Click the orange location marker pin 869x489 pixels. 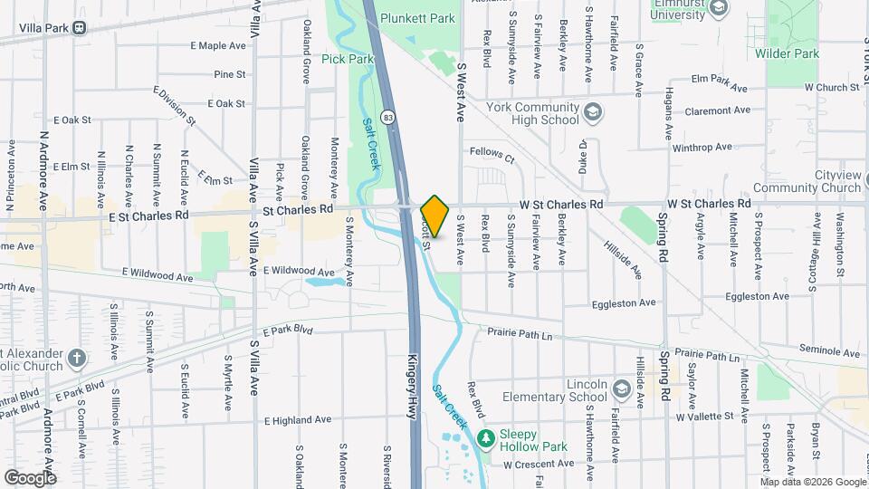point(434,216)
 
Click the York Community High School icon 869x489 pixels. point(593,113)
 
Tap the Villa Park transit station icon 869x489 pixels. point(81,27)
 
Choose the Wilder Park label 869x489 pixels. point(787,53)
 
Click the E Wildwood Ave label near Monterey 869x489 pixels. point(299,271)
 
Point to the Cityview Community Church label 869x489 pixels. point(813,181)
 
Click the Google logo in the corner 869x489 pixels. point(29,477)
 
